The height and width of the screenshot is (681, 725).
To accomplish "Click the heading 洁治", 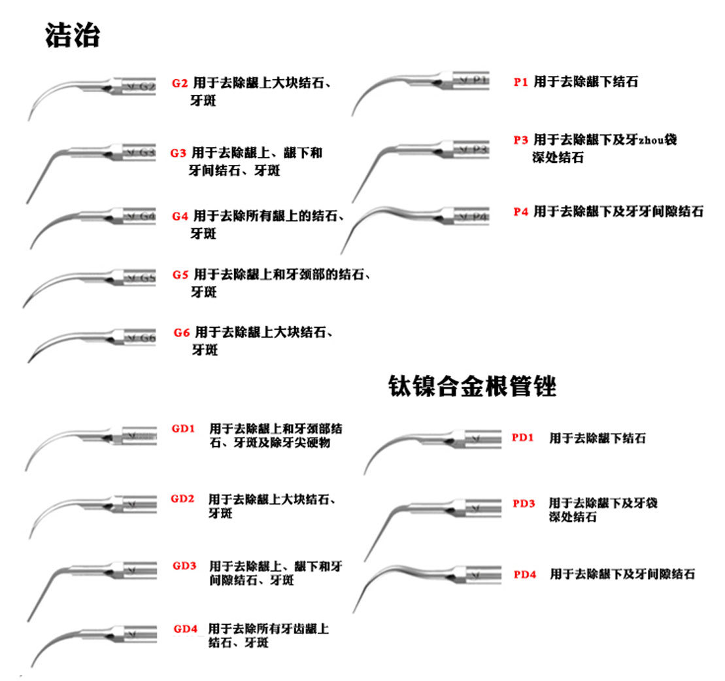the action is click(x=72, y=35).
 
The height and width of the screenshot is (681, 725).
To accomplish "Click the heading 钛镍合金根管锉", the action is click(x=471, y=386).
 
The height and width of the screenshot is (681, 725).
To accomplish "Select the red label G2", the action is click(x=180, y=83).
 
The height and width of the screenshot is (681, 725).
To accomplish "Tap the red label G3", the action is click(x=178, y=153).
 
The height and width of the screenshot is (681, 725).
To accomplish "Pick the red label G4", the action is click(x=180, y=216).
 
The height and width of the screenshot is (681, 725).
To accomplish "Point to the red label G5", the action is click(x=181, y=274).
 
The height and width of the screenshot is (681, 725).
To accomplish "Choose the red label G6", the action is click(x=182, y=332).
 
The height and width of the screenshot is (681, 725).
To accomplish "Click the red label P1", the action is click(x=520, y=82).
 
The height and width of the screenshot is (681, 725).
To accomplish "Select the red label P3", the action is click(x=520, y=140).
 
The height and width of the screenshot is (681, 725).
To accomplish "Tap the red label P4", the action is click(x=520, y=212).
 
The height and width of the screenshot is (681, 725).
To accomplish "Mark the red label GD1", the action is click(x=184, y=429).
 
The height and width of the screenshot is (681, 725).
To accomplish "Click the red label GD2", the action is click(x=183, y=499).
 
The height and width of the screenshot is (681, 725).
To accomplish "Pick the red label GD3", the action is click(x=184, y=565).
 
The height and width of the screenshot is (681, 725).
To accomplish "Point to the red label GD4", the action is click(x=186, y=629).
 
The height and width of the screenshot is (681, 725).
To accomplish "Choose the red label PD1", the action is click(x=523, y=438).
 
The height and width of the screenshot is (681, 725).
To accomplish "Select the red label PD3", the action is click(x=524, y=503).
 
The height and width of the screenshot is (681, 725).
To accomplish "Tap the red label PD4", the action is click(x=525, y=574).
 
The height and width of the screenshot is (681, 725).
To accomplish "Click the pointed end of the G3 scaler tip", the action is click(x=27, y=202).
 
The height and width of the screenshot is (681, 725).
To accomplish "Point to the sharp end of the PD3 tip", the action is click(x=364, y=560).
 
